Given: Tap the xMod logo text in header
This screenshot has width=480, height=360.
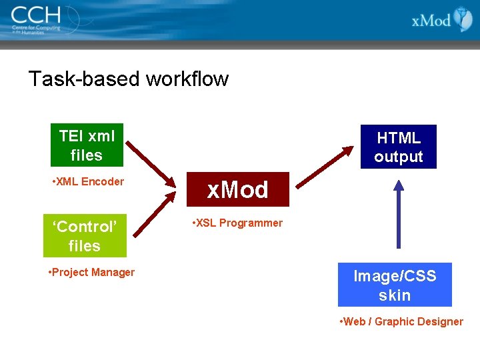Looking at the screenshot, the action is pos(431,20).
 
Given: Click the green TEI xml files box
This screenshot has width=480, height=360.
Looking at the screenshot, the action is pos(87,145).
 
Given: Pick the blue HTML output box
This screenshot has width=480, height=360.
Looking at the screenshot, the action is pos(399,147).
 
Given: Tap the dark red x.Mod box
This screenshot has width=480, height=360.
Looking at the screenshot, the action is pos(237,190).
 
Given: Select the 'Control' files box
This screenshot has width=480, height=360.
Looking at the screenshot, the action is pos(85,236).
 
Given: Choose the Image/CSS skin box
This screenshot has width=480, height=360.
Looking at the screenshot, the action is pos(395,285).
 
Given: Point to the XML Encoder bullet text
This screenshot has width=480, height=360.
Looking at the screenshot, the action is pos(88,181).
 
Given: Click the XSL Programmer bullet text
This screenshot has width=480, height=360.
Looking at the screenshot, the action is pos(237,223).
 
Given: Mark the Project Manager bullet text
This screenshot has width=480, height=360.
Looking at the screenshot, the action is pos(92,272).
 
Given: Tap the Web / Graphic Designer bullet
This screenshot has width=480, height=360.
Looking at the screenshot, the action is pos(402,321).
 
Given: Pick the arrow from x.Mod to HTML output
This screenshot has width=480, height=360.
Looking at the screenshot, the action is pos(323,167).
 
